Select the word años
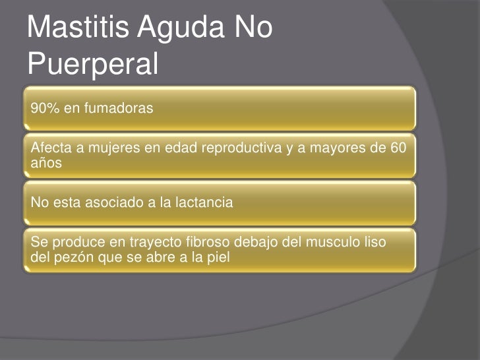45,161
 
